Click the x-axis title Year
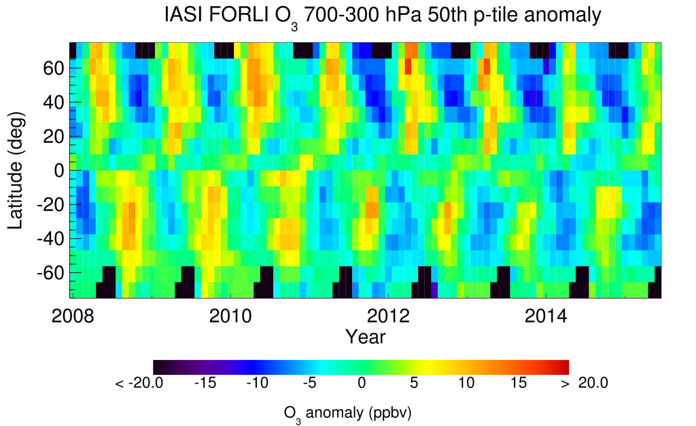[x=366, y=336]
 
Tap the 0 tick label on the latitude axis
[x=60, y=170]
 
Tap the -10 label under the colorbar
[x=257, y=383]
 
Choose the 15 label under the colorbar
[x=518, y=383]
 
